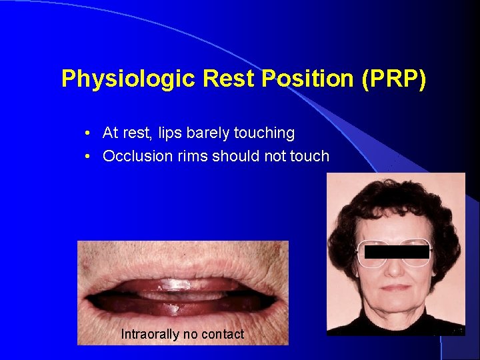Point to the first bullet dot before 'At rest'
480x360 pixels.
[88, 133]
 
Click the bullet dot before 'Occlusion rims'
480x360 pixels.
[88, 157]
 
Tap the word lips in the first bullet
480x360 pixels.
[171, 133]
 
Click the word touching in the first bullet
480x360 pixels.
[265, 133]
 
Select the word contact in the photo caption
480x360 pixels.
[223, 334]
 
